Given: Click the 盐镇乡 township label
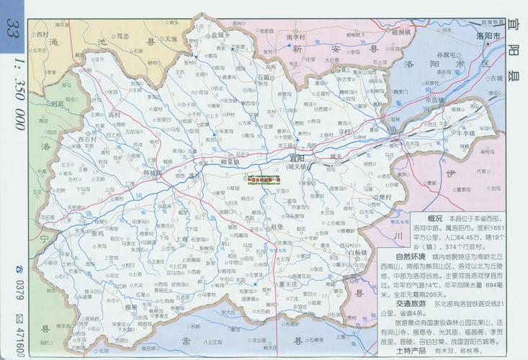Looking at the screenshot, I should pyautogui.click(x=219, y=35).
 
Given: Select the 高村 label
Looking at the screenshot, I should pyautogui.click(x=113, y=114).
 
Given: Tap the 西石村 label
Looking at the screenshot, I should pyautogui.click(x=86, y=137).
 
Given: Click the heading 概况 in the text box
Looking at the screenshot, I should pyautogui.click(x=434, y=217).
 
